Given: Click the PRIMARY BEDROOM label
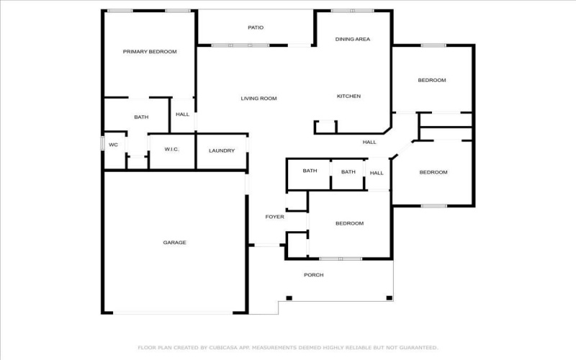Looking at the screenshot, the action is coord(150,52).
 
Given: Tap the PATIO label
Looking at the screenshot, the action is coord(256,27).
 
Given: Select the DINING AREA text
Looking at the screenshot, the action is coord(353,40).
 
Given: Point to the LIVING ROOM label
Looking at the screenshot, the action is coord(259,99).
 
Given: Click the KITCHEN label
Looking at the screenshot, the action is coord(349,96).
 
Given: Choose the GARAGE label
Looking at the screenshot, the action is coord(174,243).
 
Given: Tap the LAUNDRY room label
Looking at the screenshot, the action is coord(222,150).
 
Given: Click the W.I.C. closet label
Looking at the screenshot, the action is coord(172,149).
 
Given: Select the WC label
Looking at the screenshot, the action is coord(114,145).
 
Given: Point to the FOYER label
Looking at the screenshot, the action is coord(275,217).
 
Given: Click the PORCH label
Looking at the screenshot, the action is coord(314,275).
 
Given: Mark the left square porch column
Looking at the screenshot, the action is coord(289,298).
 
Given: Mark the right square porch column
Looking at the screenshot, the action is coord(390,298).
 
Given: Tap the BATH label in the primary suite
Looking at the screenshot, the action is coord(141,117).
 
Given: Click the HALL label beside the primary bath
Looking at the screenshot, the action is coord(183,114).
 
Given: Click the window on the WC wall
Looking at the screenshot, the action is coord(102,143).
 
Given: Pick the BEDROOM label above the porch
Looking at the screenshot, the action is coord(350,223).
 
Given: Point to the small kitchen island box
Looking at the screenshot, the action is coord(326,127).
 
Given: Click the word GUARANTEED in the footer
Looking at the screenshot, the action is coord(418,348).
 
